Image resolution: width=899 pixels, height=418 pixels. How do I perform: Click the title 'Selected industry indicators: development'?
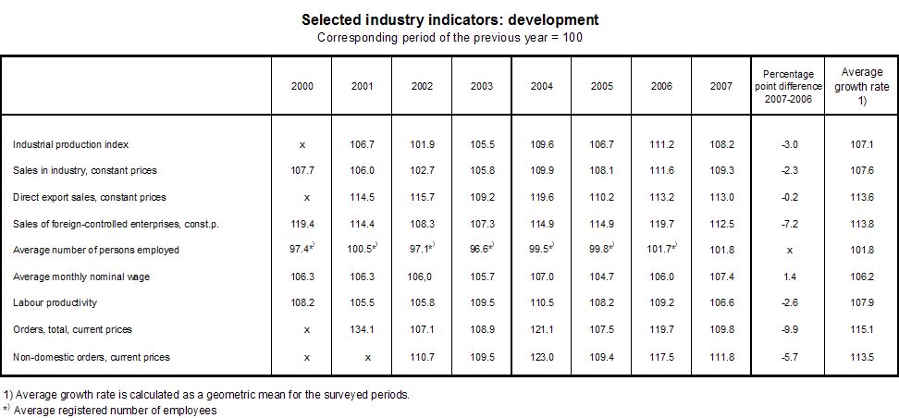coord(449,19)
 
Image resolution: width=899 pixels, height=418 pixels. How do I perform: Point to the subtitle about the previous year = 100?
coord(449,38)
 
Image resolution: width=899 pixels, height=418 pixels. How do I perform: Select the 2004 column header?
coord(543,86)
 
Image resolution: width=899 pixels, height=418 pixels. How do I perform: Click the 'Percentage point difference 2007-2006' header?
coord(787,86)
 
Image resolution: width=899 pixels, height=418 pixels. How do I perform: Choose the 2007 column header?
coord(721,86)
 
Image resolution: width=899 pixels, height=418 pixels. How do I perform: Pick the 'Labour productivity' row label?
coord(55,303)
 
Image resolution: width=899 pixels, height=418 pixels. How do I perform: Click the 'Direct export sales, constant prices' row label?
coord(89,197)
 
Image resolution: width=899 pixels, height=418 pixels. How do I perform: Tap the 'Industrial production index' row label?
coord(70,144)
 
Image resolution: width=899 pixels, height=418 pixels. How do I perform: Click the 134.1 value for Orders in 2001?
coord(363,330)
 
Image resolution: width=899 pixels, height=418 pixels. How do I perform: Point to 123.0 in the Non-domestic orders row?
coord(543,357)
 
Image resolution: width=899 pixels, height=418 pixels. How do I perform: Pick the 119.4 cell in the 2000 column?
coord(302,224)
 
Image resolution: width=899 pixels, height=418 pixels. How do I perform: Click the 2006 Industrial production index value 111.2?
coord(661,144)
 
